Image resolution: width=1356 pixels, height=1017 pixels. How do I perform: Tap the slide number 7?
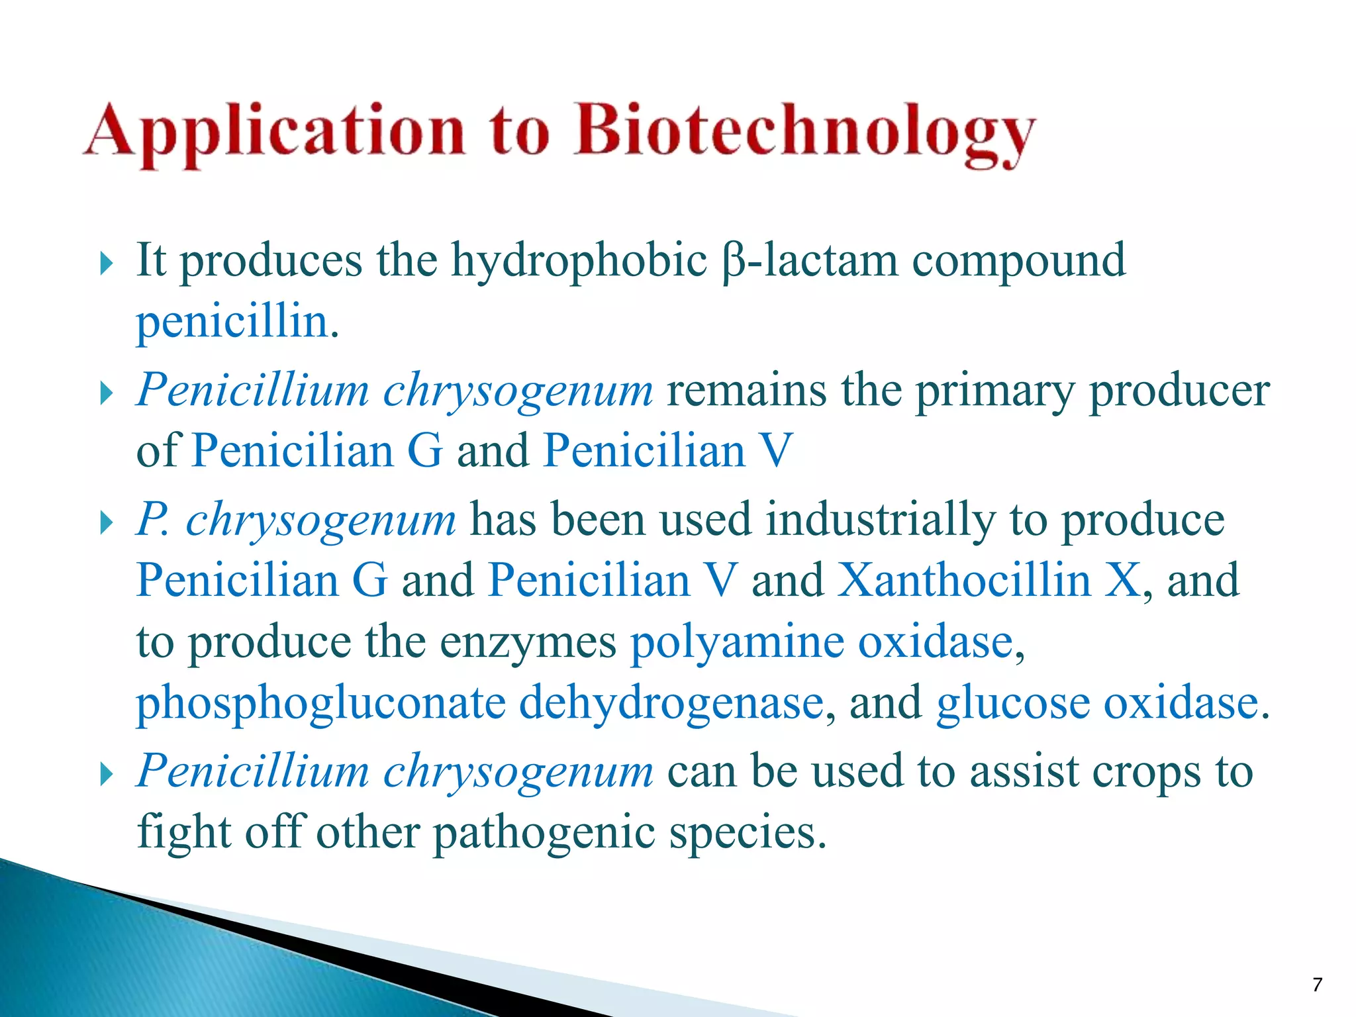(1317, 985)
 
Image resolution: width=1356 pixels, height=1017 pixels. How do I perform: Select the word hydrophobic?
(579, 262)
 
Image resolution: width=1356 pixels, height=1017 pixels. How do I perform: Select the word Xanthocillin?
(963, 581)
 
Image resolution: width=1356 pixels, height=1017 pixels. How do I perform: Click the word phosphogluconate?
(320, 704)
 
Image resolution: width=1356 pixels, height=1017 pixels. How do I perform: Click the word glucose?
(1012, 704)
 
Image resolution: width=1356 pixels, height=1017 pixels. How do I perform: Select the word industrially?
(880, 520)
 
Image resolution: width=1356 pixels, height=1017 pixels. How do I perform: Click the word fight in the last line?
(183, 833)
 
